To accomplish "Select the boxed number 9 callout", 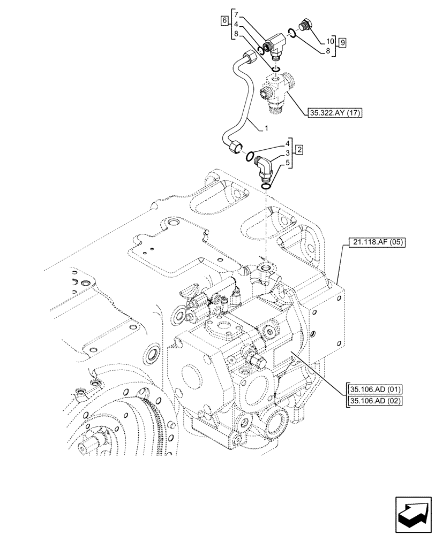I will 342,42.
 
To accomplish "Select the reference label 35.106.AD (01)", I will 376,389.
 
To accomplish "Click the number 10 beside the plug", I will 330,41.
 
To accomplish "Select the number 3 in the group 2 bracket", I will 288,154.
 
